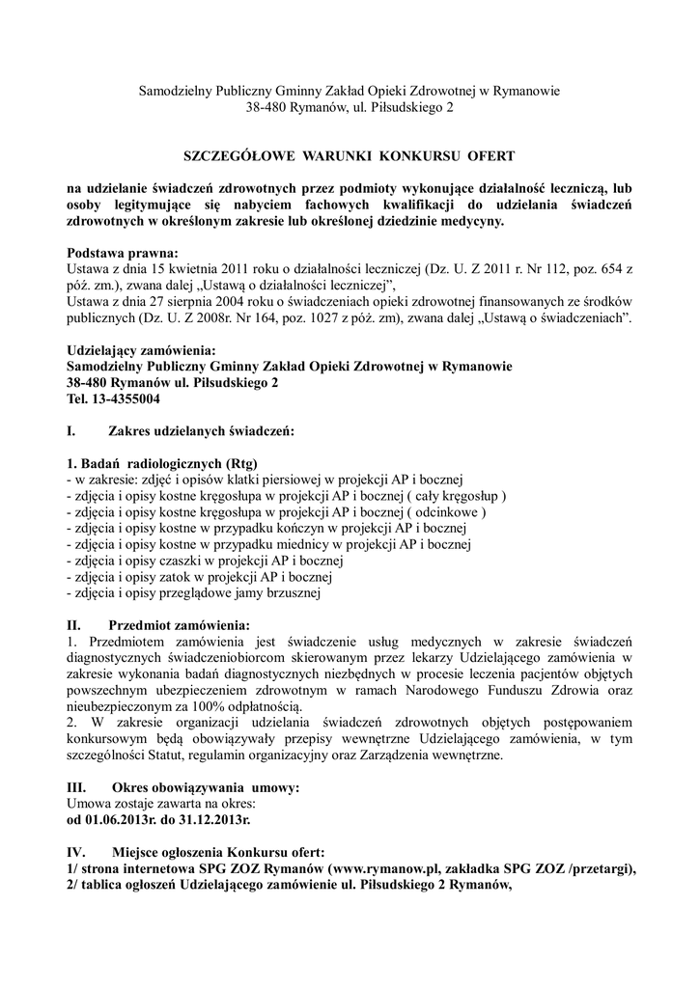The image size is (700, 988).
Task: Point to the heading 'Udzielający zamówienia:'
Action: pyautogui.click(x=141, y=350)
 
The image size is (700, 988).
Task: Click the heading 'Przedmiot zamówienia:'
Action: pyautogui.click(x=180, y=624)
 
